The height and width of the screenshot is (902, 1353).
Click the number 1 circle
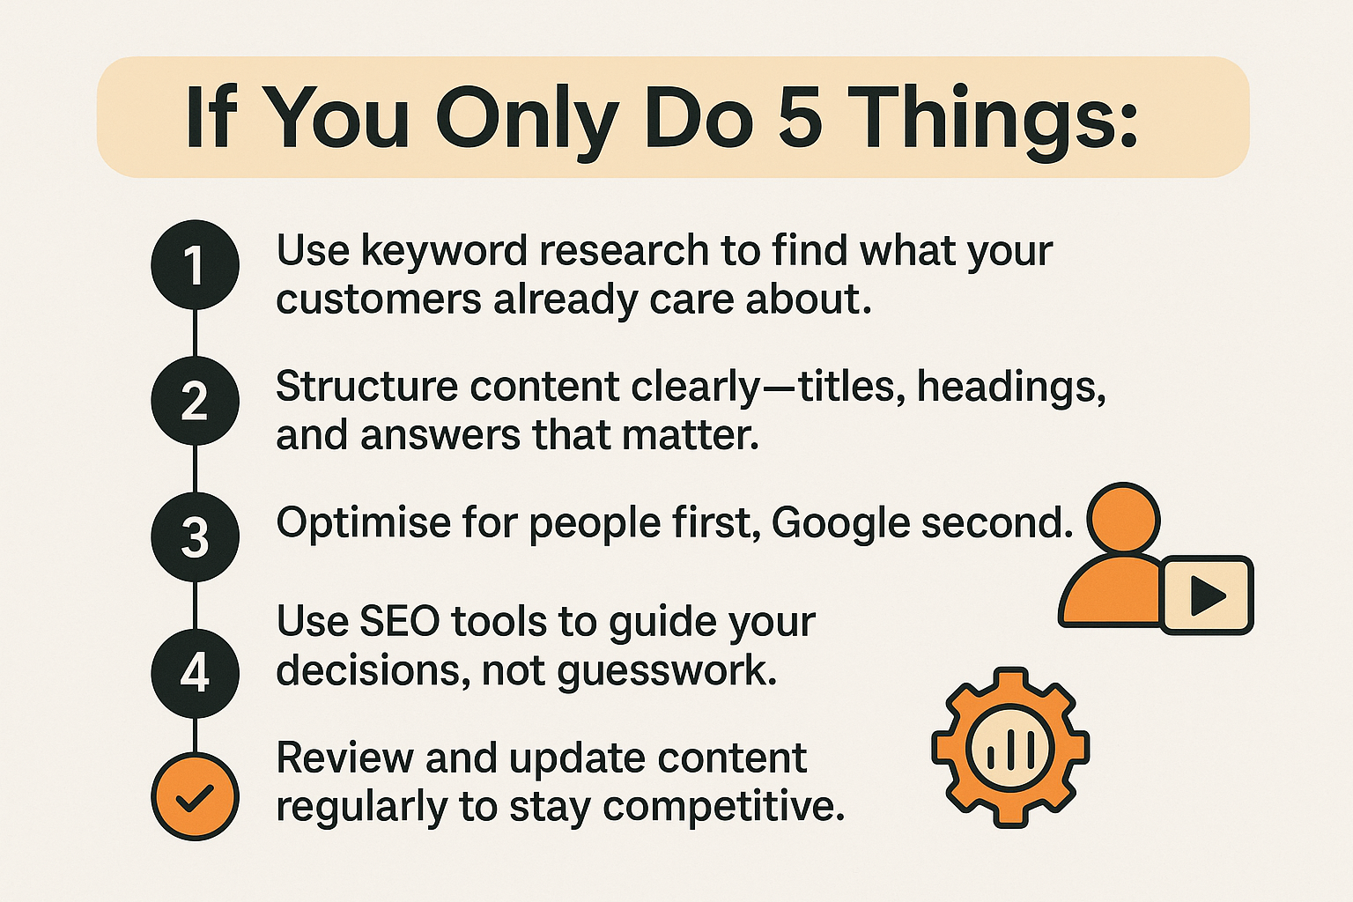pos(195,264)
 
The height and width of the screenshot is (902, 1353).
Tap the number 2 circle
pos(195,401)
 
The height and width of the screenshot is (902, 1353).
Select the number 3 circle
pos(195,536)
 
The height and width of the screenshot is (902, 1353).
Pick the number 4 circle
pos(195,673)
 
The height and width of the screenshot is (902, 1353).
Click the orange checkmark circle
pos(195,796)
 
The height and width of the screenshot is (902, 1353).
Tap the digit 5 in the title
pos(800,118)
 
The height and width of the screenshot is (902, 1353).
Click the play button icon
pos(1207,595)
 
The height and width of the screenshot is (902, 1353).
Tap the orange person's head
pos(1123,519)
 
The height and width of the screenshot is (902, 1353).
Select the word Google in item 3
pos(840,524)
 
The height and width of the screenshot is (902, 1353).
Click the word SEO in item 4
pos(400,622)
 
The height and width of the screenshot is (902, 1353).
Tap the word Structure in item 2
pos(366,388)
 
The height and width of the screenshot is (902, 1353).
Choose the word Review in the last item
pos(344,758)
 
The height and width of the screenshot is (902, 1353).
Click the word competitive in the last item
pos(722,807)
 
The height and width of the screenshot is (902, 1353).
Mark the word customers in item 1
pos(377,300)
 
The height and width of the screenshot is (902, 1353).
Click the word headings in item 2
pos(1011,388)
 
